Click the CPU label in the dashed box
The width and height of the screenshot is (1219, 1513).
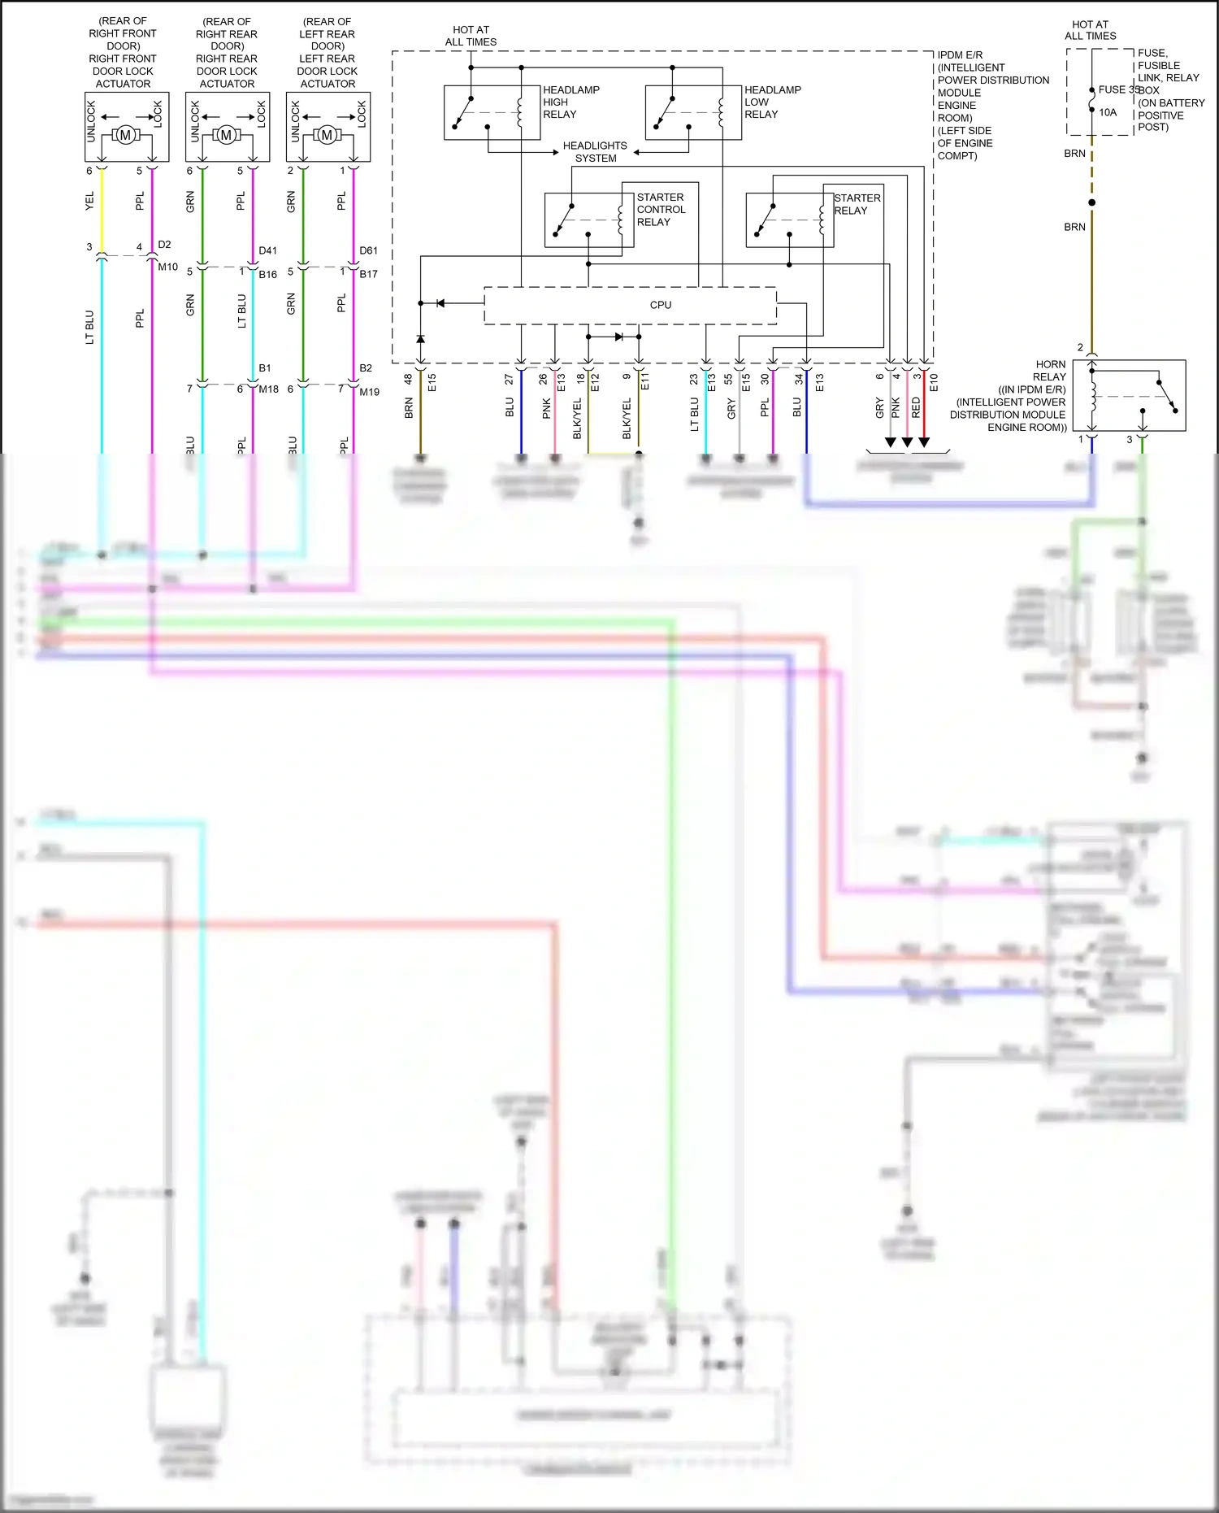click(x=660, y=305)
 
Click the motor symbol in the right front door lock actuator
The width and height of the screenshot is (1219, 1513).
click(x=125, y=135)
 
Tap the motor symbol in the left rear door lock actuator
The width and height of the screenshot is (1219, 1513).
click(x=327, y=135)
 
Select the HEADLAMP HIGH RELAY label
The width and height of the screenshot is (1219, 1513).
click(x=570, y=102)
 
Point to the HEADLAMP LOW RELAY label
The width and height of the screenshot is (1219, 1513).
click(x=772, y=102)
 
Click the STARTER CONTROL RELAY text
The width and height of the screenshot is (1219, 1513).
click(x=660, y=209)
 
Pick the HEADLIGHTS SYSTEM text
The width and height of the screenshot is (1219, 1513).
click(x=595, y=152)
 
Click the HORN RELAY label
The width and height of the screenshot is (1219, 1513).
click(x=1049, y=371)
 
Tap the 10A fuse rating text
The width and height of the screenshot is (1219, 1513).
click(x=1108, y=112)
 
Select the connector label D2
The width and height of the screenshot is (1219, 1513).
click(x=164, y=244)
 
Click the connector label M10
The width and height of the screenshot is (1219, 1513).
click(x=167, y=267)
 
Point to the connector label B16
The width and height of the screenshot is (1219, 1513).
click(x=268, y=275)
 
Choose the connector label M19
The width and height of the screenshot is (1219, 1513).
click(x=370, y=392)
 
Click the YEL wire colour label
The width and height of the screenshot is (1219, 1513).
click(x=89, y=201)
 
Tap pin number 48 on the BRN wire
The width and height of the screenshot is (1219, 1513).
click(x=408, y=379)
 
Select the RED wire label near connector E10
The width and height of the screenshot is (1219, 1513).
click(x=916, y=407)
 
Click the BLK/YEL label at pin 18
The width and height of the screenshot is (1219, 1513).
click(x=577, y=419)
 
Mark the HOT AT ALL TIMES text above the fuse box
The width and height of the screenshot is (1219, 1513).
click(x=1090, y=30)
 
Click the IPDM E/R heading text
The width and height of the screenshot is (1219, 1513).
click(x=960, y=55)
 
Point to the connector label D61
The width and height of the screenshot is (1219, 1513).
click(x=369, y=250)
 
